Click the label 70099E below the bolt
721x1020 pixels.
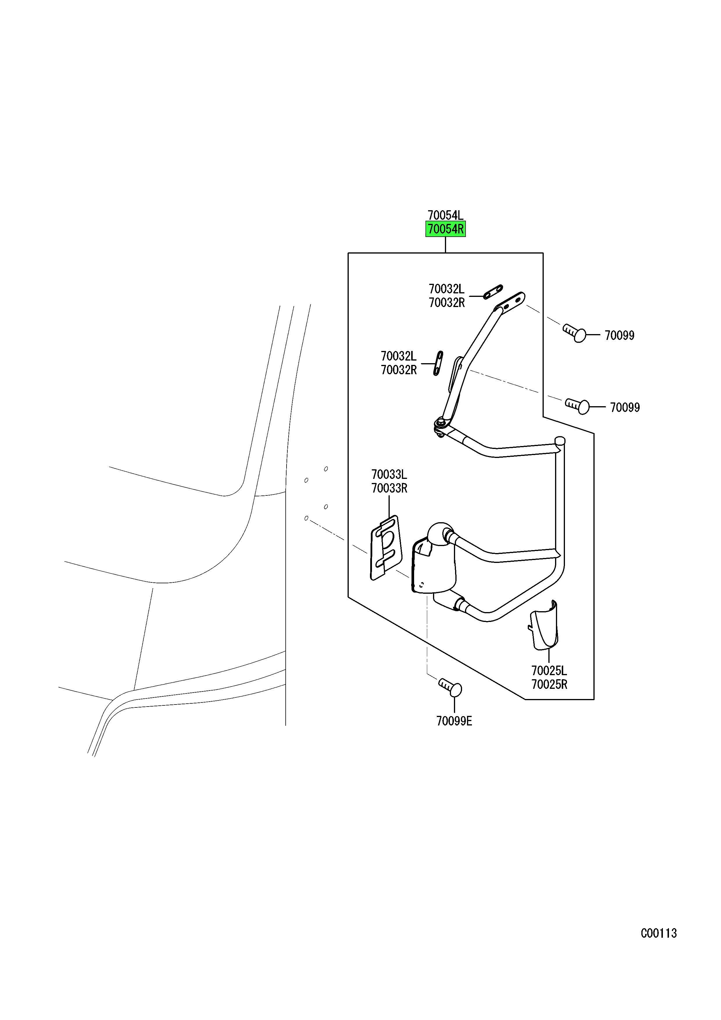(x=454, y=721)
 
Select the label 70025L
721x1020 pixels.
(x=549, y=671)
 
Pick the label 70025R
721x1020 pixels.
(x=549, y=684)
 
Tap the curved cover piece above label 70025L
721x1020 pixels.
(x=544, y=625)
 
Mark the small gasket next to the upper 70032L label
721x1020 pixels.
(x=493, y=292)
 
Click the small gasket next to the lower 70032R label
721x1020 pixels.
(x=438, y=363)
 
